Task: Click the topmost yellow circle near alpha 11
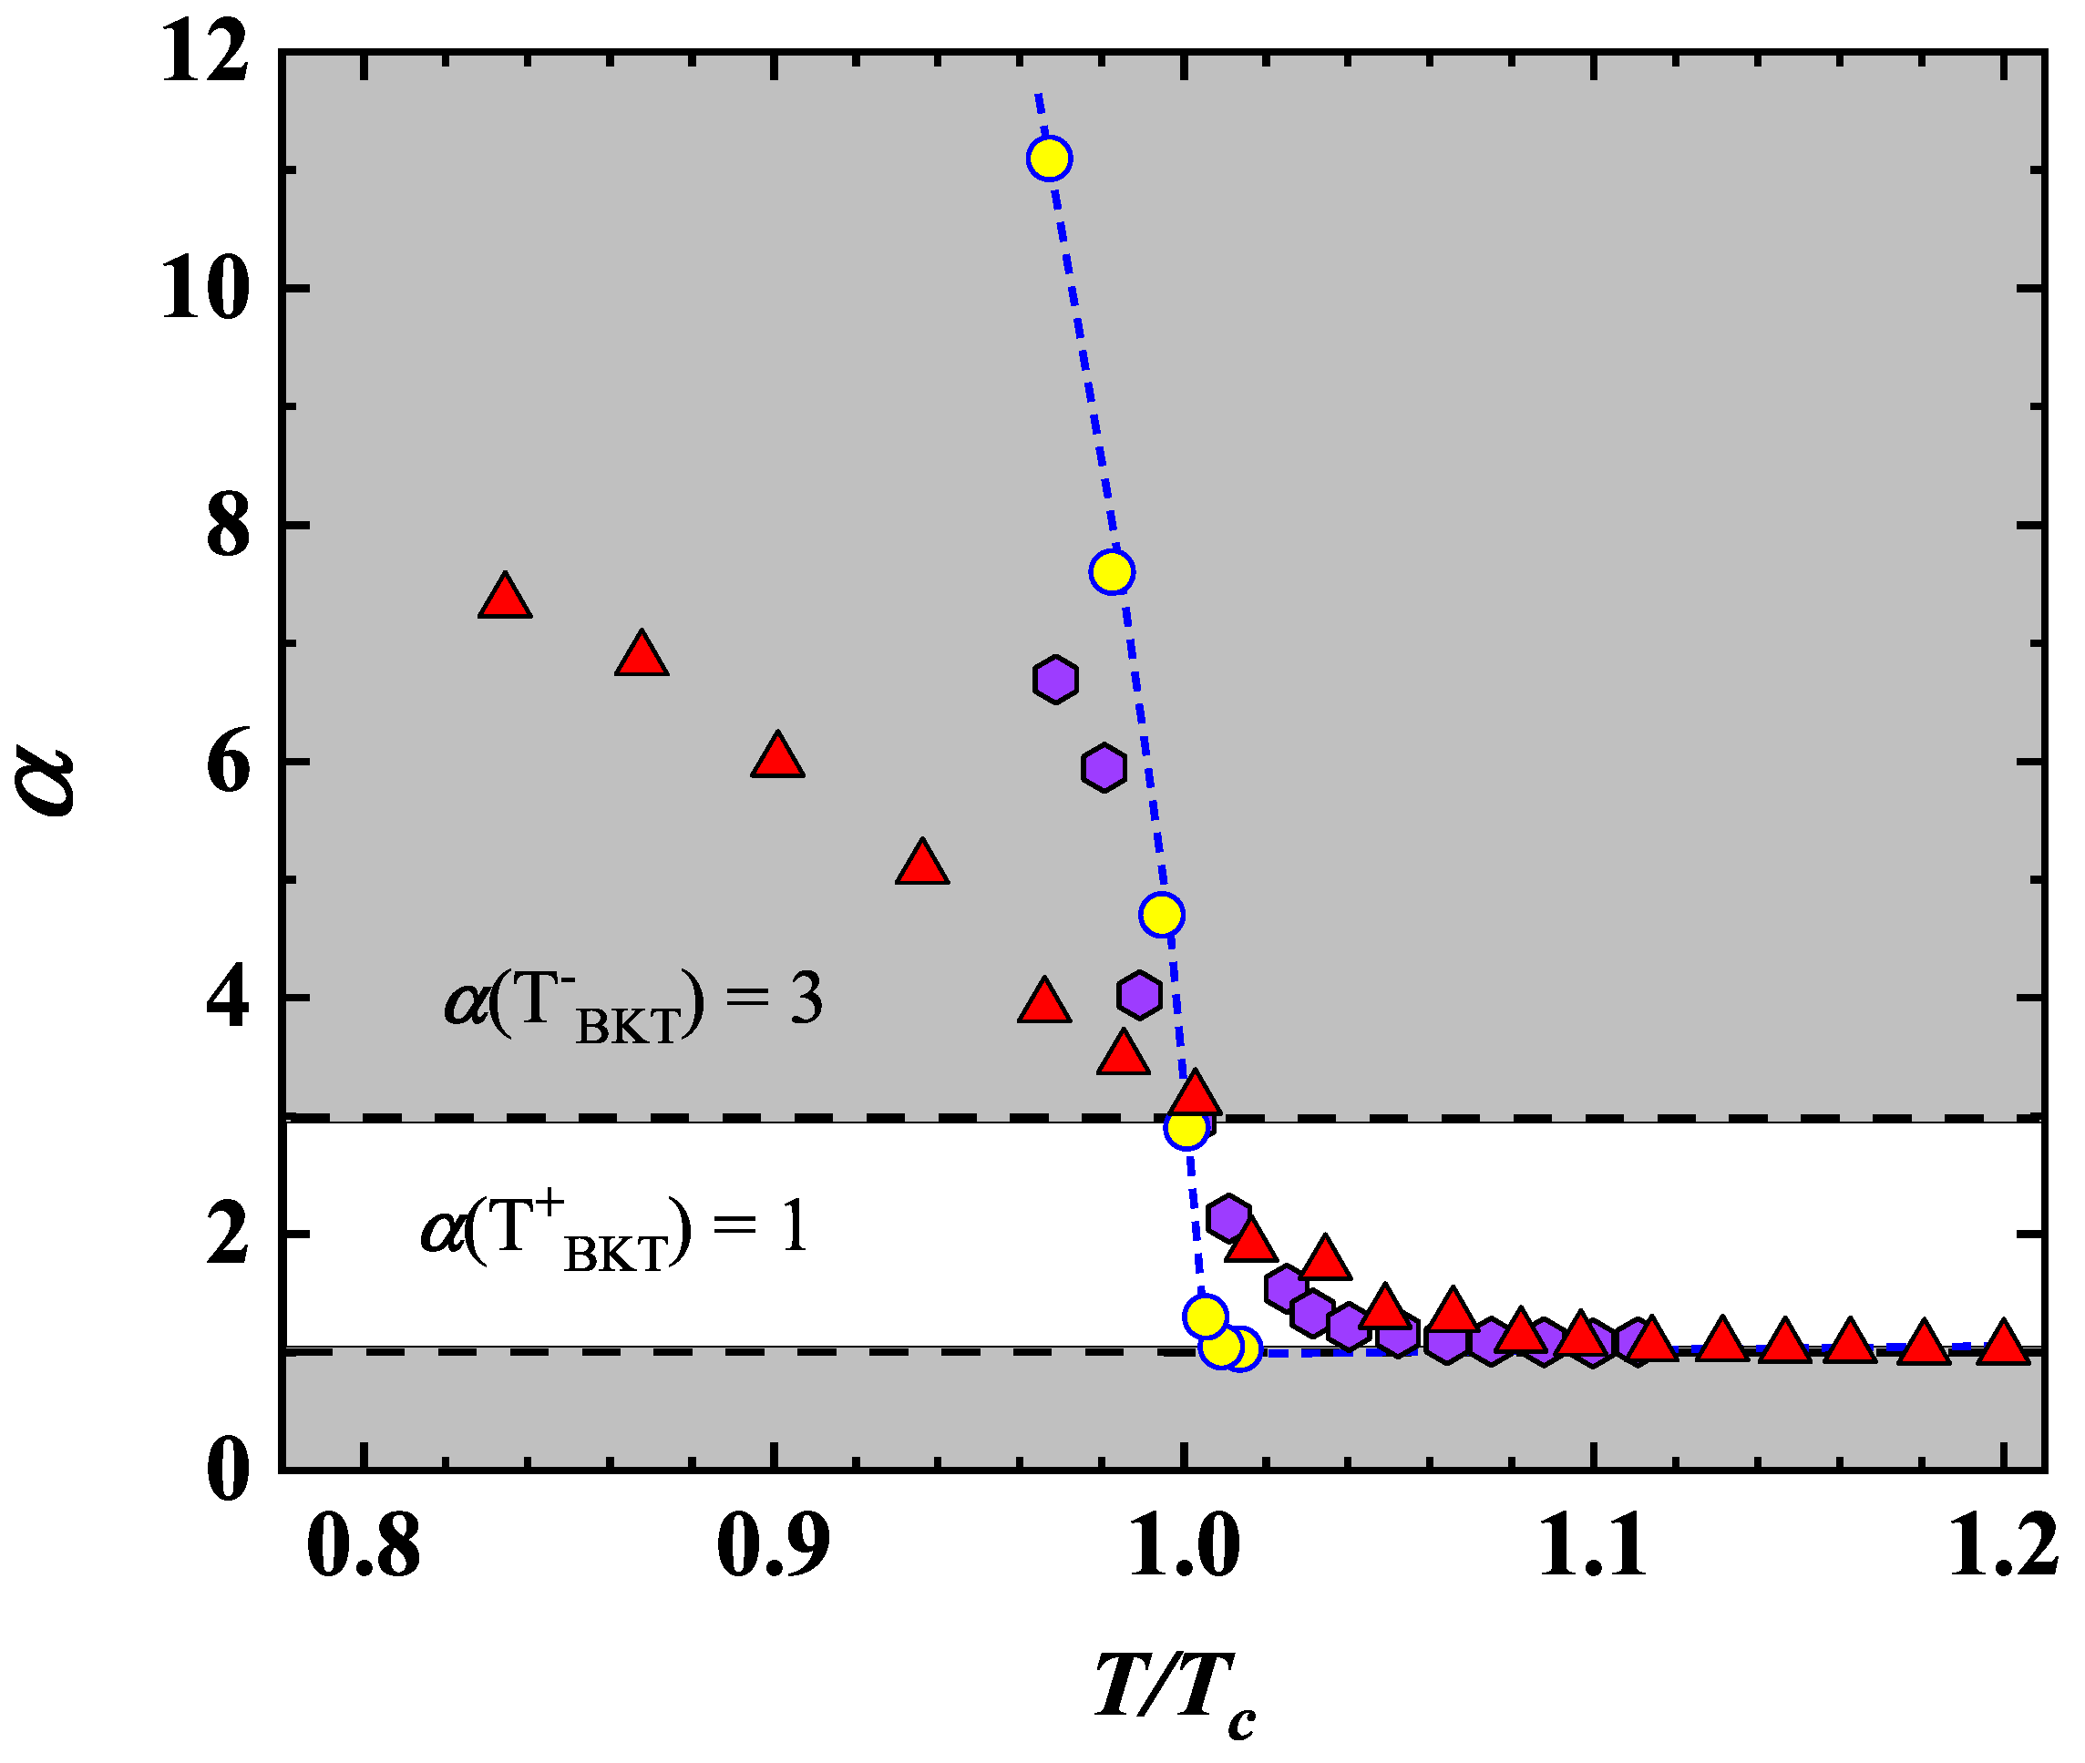click(1049, 158)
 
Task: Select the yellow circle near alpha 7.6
click(1112, 571)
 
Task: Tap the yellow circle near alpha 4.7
click(1162, 914)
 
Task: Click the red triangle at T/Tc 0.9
click(777, 756)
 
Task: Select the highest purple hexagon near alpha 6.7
click(1054, 680)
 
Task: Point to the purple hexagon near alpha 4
click(1138, 993)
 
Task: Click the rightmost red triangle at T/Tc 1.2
click(2003, 1342)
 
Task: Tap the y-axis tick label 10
click(205, 289)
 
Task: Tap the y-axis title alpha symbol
click(45, 784)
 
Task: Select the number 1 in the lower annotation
click(795, 1226)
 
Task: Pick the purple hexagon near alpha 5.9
click(1104, 767)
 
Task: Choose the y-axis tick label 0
click(228, 1469)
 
